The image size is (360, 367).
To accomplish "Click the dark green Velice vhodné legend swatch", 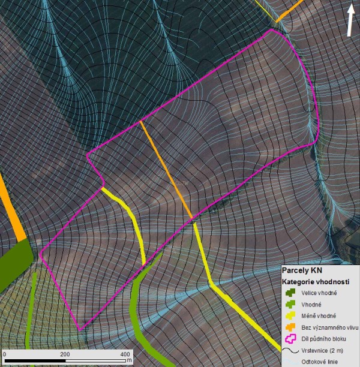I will pyautogui.click(x=291, y=293).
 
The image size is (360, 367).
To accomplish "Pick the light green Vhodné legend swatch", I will pyautogui.click(x=291, y=304).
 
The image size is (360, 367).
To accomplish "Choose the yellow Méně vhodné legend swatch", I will pyautogui.click(x=291, y=315).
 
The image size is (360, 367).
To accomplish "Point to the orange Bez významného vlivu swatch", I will pyautogui.click(x=291, y=327).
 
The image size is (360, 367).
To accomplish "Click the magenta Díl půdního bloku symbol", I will pyautogui.click(x=291, y=338).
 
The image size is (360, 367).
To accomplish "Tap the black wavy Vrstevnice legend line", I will pyautogui.click(x=291, y=350).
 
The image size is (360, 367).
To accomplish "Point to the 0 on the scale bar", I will pyautogui.click(x=5, y=354).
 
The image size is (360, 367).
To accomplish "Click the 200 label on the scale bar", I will pyautogui.click(x=65, y=354).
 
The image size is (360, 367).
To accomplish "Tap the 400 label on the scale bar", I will pyautogui.click(x=124, y=354).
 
